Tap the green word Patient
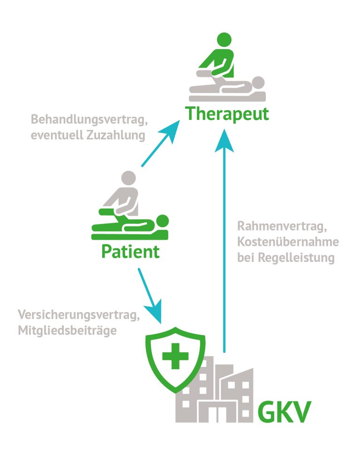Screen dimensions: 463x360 [130, 252]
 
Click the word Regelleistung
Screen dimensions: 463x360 [297, 258]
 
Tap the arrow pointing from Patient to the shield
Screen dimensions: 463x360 [150, 295]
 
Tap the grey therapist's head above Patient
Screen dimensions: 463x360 [127, 179]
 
